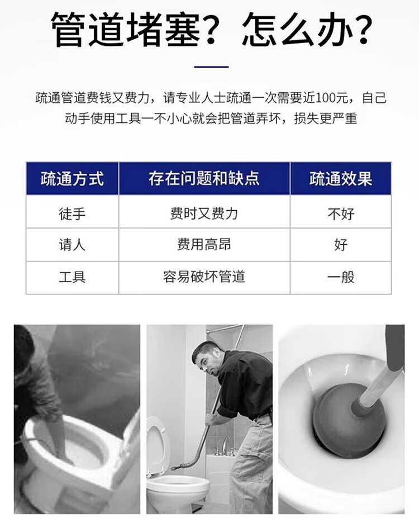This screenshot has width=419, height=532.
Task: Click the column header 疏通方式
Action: pyautogui.click(x=72, y=178)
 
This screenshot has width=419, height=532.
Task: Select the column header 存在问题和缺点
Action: pyautogui.click(x=204, y=178)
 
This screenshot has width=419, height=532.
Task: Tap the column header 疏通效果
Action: pyautogui.click(x=341, y=178)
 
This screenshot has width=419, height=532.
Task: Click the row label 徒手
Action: pyautogui.click(x=72, y=214)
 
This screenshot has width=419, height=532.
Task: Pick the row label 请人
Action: pyautogui.click(x=72, y=245)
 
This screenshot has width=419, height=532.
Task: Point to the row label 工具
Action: pyautogui.click(x=72, y=277)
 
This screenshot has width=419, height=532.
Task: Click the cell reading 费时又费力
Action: pyautogui.click(x=204, y=214)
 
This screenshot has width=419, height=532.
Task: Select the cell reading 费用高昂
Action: pyautogui.click(x=204, y=245)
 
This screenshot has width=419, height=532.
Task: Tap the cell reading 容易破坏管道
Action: pyautogui.click(x=204, y=277)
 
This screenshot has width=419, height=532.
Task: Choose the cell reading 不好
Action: pyautogui.click(x=341, y=214)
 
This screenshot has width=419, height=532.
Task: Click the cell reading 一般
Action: pyautogui.click(x=341, y=277)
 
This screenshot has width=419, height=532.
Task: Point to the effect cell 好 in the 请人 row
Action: pyautogui.click(x=341, y=245)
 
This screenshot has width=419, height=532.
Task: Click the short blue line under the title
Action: pyautogui.click(x=211, y=67)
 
